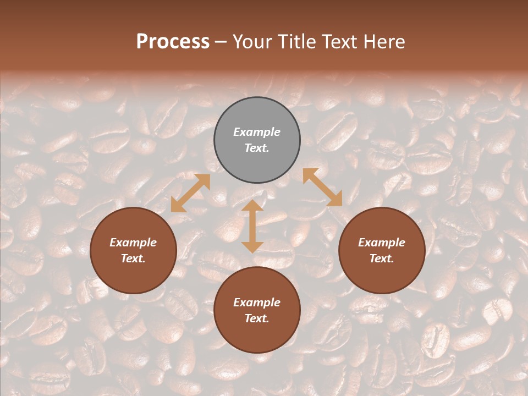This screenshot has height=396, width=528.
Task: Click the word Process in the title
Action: pyautogui.click(x=173, y=42)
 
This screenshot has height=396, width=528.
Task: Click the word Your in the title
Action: pyautogui.click(x=250, y=42)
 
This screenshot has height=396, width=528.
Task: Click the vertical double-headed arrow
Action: pyautogui.click(x=252, y=226)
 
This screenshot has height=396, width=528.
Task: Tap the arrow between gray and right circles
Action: pyautogui.click(x=322, y=187)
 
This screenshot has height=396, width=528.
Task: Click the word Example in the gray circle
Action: pyautogui.click(x=257, y=132)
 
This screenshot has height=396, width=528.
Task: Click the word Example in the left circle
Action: pyautogui.click(x=133, y=243)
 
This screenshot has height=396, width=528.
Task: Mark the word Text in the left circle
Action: pyautogui.click(x=133, y=258)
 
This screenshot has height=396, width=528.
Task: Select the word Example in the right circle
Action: pyautogui.click(x=382, y=243)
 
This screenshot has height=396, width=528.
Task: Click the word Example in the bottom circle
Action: pyautogui.click(x=257, y=302)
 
